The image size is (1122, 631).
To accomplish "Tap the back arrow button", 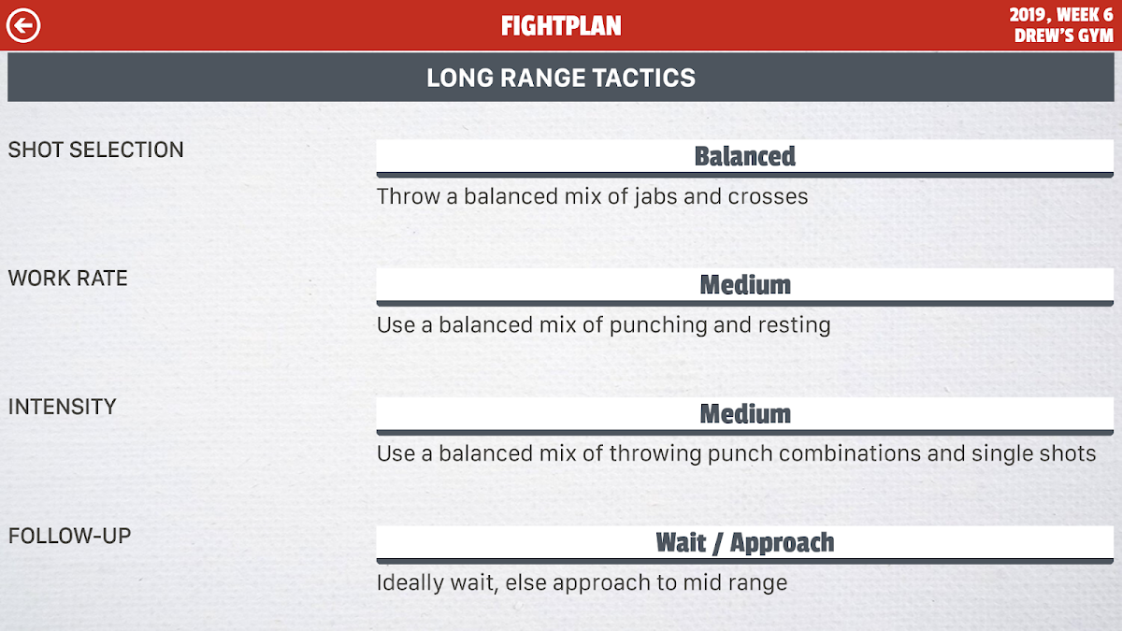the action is click(23, 25).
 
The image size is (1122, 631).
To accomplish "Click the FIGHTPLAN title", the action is click(561, 26).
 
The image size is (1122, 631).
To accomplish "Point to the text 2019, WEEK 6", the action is click(1061, 15).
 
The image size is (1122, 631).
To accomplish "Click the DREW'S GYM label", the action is click(1064, 36).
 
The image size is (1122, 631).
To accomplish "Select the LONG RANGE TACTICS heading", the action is click(561, 79).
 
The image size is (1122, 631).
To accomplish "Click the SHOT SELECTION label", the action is click(95, 150).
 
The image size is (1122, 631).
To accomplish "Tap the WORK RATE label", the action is click(67, 279).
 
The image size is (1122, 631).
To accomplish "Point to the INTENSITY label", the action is click(62, 407).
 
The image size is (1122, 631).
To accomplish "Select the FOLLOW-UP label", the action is click(69, 536).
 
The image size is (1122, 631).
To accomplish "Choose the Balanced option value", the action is click(745, 156).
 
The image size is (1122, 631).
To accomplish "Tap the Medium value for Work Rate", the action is click(745, 285).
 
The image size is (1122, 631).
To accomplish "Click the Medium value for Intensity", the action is click(745, 414).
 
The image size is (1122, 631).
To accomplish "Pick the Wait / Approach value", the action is click(745, 543).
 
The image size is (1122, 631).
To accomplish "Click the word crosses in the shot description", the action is click(768, 196).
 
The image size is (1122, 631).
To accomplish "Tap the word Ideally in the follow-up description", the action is click(410, 583).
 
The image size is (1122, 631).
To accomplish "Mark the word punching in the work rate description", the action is click(657, 326).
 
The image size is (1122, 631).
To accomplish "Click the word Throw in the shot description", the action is click(409, 196).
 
